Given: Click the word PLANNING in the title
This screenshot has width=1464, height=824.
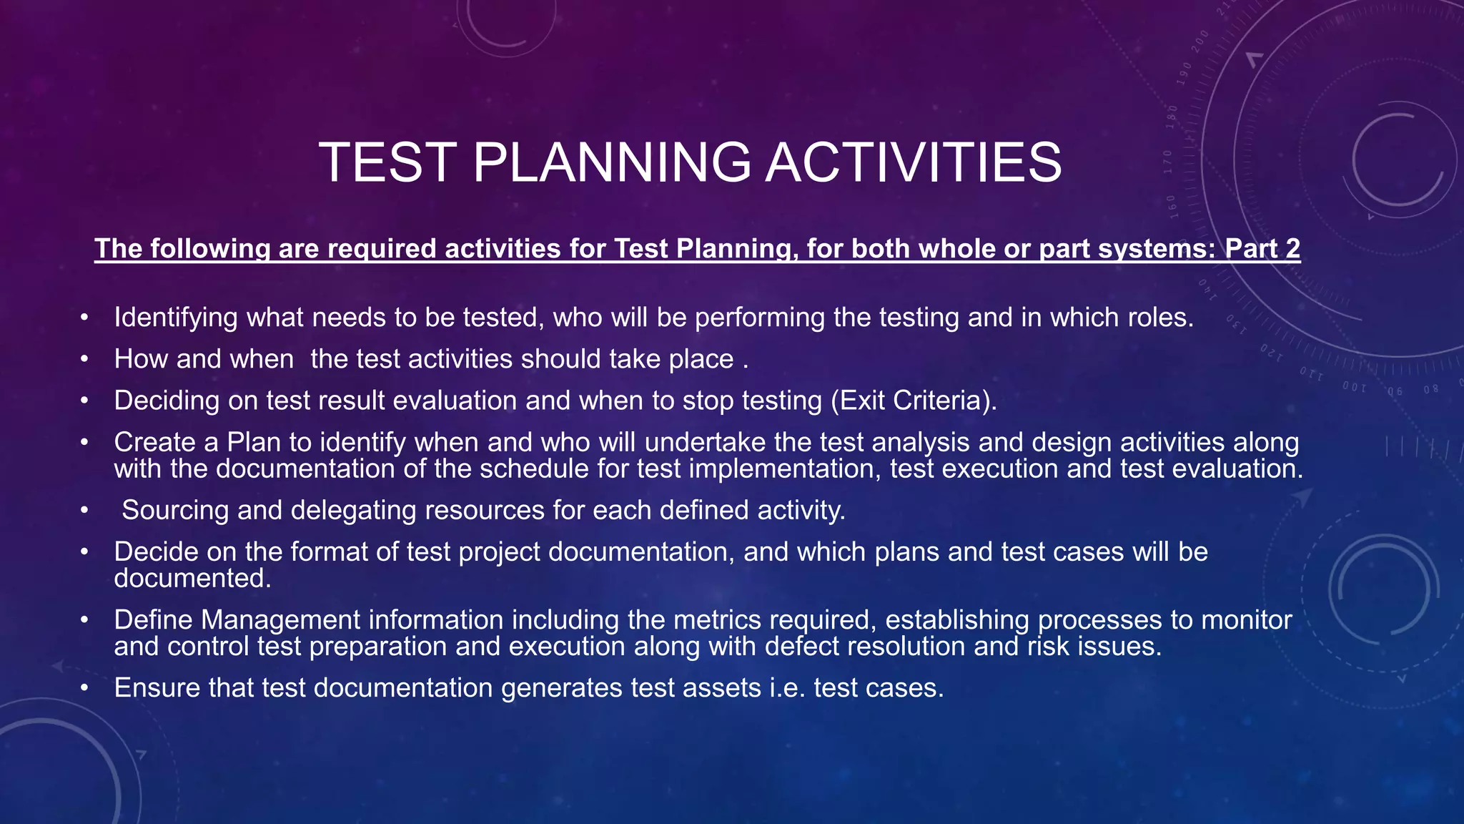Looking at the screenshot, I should click(x=612, y=162).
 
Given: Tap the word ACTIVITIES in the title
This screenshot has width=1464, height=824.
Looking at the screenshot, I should click(x=913, y=162).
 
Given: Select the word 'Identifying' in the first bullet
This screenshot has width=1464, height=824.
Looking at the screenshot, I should click(x=175, y=318).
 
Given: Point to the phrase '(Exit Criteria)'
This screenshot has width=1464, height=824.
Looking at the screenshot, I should click(x=914, y=401).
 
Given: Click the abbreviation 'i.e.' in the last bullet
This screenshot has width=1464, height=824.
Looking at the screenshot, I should click(x=787, y=688).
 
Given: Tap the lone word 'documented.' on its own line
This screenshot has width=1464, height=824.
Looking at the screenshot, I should click(x=193, y=579).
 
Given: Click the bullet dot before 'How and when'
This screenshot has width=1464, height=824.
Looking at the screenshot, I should click(x=84, y=359).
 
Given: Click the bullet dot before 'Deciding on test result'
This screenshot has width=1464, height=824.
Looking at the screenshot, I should click(x=84, y=401).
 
